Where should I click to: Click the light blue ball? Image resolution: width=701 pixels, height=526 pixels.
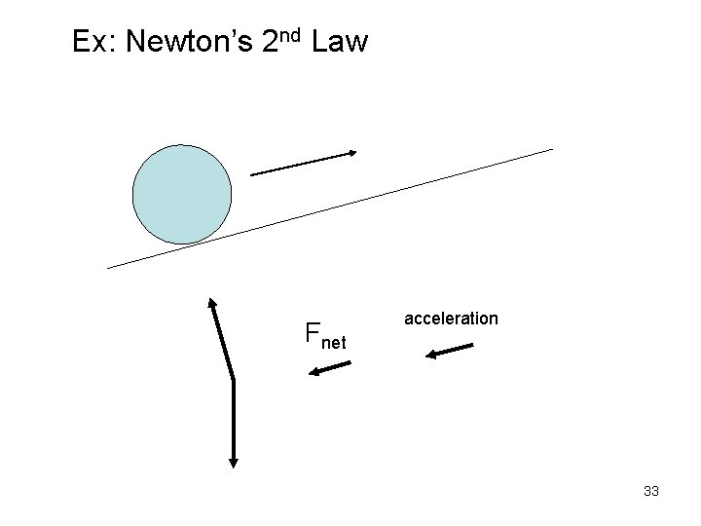(x=182, y=194)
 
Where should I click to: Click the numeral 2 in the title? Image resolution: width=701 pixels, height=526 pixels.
(x=270, y=42)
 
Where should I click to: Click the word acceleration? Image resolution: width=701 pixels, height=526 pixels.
(x=451, y=319)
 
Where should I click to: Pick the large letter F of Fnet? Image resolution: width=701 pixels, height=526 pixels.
(x=313, y=334)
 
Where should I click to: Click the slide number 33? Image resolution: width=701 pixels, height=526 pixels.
(x=651, y=491)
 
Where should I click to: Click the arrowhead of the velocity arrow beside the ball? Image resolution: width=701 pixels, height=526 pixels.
(x=352, y=153)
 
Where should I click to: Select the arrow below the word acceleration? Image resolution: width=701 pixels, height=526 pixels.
(x=450, y=351)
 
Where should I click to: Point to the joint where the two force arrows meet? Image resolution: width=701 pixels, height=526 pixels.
(x=234, y=378)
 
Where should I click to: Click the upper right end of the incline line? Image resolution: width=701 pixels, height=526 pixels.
(x=551, y=149)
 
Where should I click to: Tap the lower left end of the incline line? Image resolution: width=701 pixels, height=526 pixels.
(x=107, y=267)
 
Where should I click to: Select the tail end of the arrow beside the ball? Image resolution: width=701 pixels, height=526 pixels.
(x=251, y=174)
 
